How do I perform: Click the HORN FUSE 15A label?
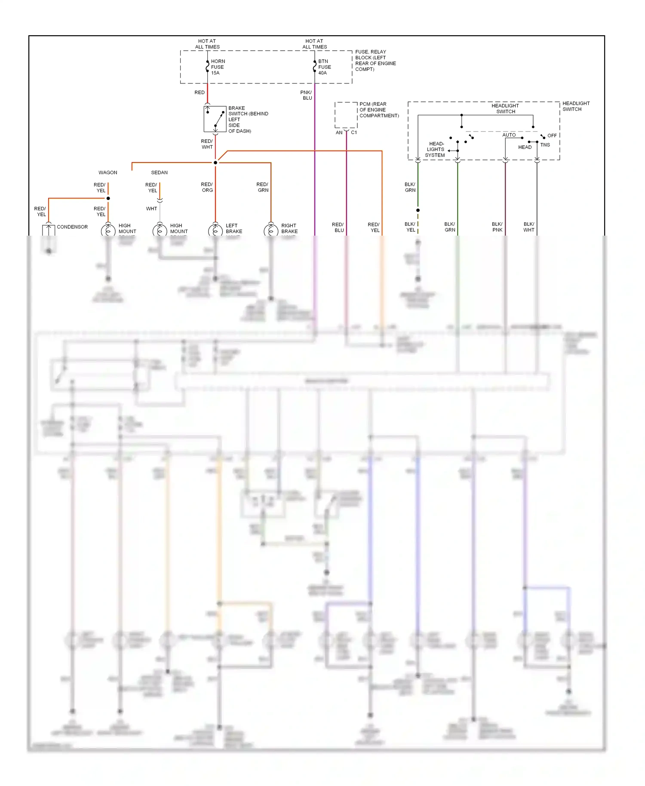tap(218, 67)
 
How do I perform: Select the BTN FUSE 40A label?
tap(325, 67)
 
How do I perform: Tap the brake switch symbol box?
tap(215, 119)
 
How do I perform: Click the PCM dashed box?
tap(346, 115)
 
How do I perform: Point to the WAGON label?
tap(108, 172)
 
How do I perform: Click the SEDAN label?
tap(160, 172)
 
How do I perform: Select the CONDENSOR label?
tap(72, 227)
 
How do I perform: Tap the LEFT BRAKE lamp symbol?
tap(215, 231)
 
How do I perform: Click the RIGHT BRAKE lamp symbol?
tap(271, 231)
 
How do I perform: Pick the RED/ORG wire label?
tap(207, 187)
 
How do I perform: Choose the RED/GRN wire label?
tap(263, 187)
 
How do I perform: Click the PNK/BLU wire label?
tap(306, 95)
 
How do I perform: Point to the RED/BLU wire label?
tap(338, 227)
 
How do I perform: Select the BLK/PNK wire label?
tap(497, 227)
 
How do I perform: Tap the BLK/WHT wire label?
tap(529, 227)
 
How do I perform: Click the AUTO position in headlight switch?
tap(509, 135)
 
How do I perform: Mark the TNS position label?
tap(545, 145)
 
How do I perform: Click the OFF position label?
tap(552, 135)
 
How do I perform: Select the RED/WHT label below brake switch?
tap(207, 144)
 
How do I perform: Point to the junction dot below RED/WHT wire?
tap(215, 163)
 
